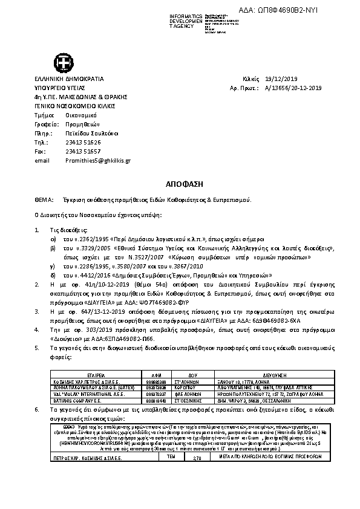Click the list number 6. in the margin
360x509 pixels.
click(38, 409)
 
